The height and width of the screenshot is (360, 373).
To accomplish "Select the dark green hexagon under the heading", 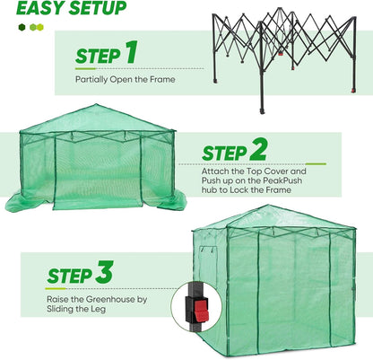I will pyautogui.click(x=22, y=27).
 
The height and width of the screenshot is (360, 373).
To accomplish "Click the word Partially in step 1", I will pyautogui.click(x=94, y=78).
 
